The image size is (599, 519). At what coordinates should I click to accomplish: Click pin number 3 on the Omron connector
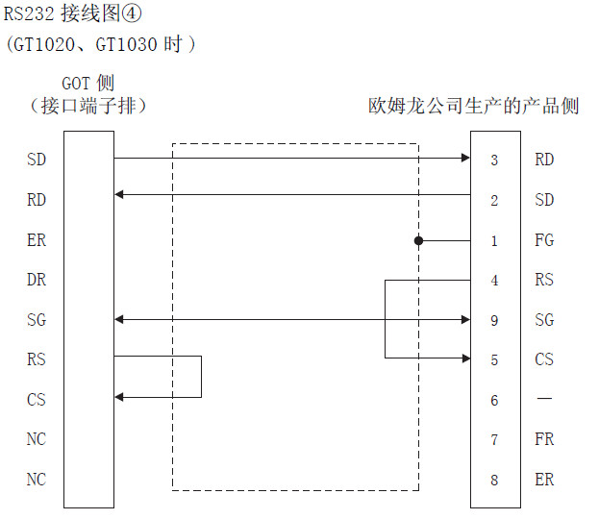[494, 160]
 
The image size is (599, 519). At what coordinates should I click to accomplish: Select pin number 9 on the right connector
[494, 320]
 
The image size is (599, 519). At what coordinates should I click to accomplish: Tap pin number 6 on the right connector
[494, 400]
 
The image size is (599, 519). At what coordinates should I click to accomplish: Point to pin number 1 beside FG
[494, 240]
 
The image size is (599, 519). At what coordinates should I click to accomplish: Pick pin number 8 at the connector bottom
[494, 480]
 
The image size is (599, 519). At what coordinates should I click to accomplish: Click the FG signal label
[544, 240]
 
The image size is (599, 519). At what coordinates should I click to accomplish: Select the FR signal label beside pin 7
[544, 439]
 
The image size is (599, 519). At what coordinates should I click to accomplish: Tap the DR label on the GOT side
[37, 280]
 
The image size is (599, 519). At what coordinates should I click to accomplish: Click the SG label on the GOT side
[37, 320]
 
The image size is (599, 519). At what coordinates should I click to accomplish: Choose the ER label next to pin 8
[544, 480]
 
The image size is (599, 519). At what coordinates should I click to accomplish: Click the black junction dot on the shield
[419, 240]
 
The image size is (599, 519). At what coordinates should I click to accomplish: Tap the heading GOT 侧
[87, 84]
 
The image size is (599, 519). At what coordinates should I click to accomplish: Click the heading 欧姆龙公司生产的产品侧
[474, 106]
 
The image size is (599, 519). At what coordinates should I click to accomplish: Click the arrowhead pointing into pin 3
[464, 157]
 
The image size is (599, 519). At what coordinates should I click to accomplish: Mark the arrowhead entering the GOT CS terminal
[119, 396]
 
